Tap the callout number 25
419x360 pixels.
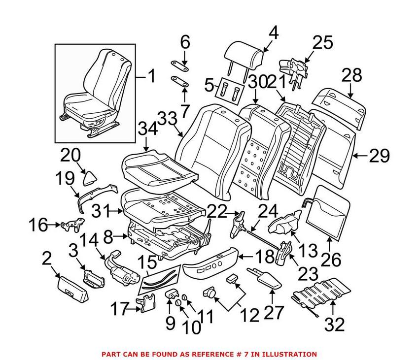322,44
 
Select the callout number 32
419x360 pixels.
333,324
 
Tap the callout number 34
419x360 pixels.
147,130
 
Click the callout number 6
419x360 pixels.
185,43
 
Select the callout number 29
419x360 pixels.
379,156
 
